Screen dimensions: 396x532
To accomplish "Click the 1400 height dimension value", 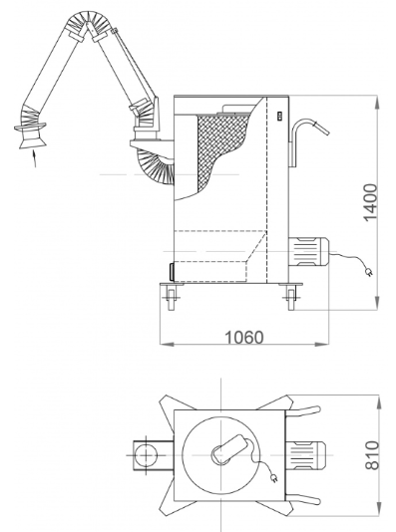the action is click(x=370, y=202).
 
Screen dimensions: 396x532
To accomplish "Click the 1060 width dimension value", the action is click(x=244, y=338).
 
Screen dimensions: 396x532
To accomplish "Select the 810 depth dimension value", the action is click(x=372, y=455).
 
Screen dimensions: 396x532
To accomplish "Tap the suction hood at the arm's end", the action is click(x=31, y=135).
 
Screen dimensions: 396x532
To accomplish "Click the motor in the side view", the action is click(x=308, y=251).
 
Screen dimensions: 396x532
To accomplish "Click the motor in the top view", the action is click(x=305, y=455).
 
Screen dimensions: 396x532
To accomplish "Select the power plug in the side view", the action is click(x=369, y=272).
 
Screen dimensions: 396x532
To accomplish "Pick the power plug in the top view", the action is click(x=274, y=478).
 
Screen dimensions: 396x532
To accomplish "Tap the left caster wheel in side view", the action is click(x=172, y=298).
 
